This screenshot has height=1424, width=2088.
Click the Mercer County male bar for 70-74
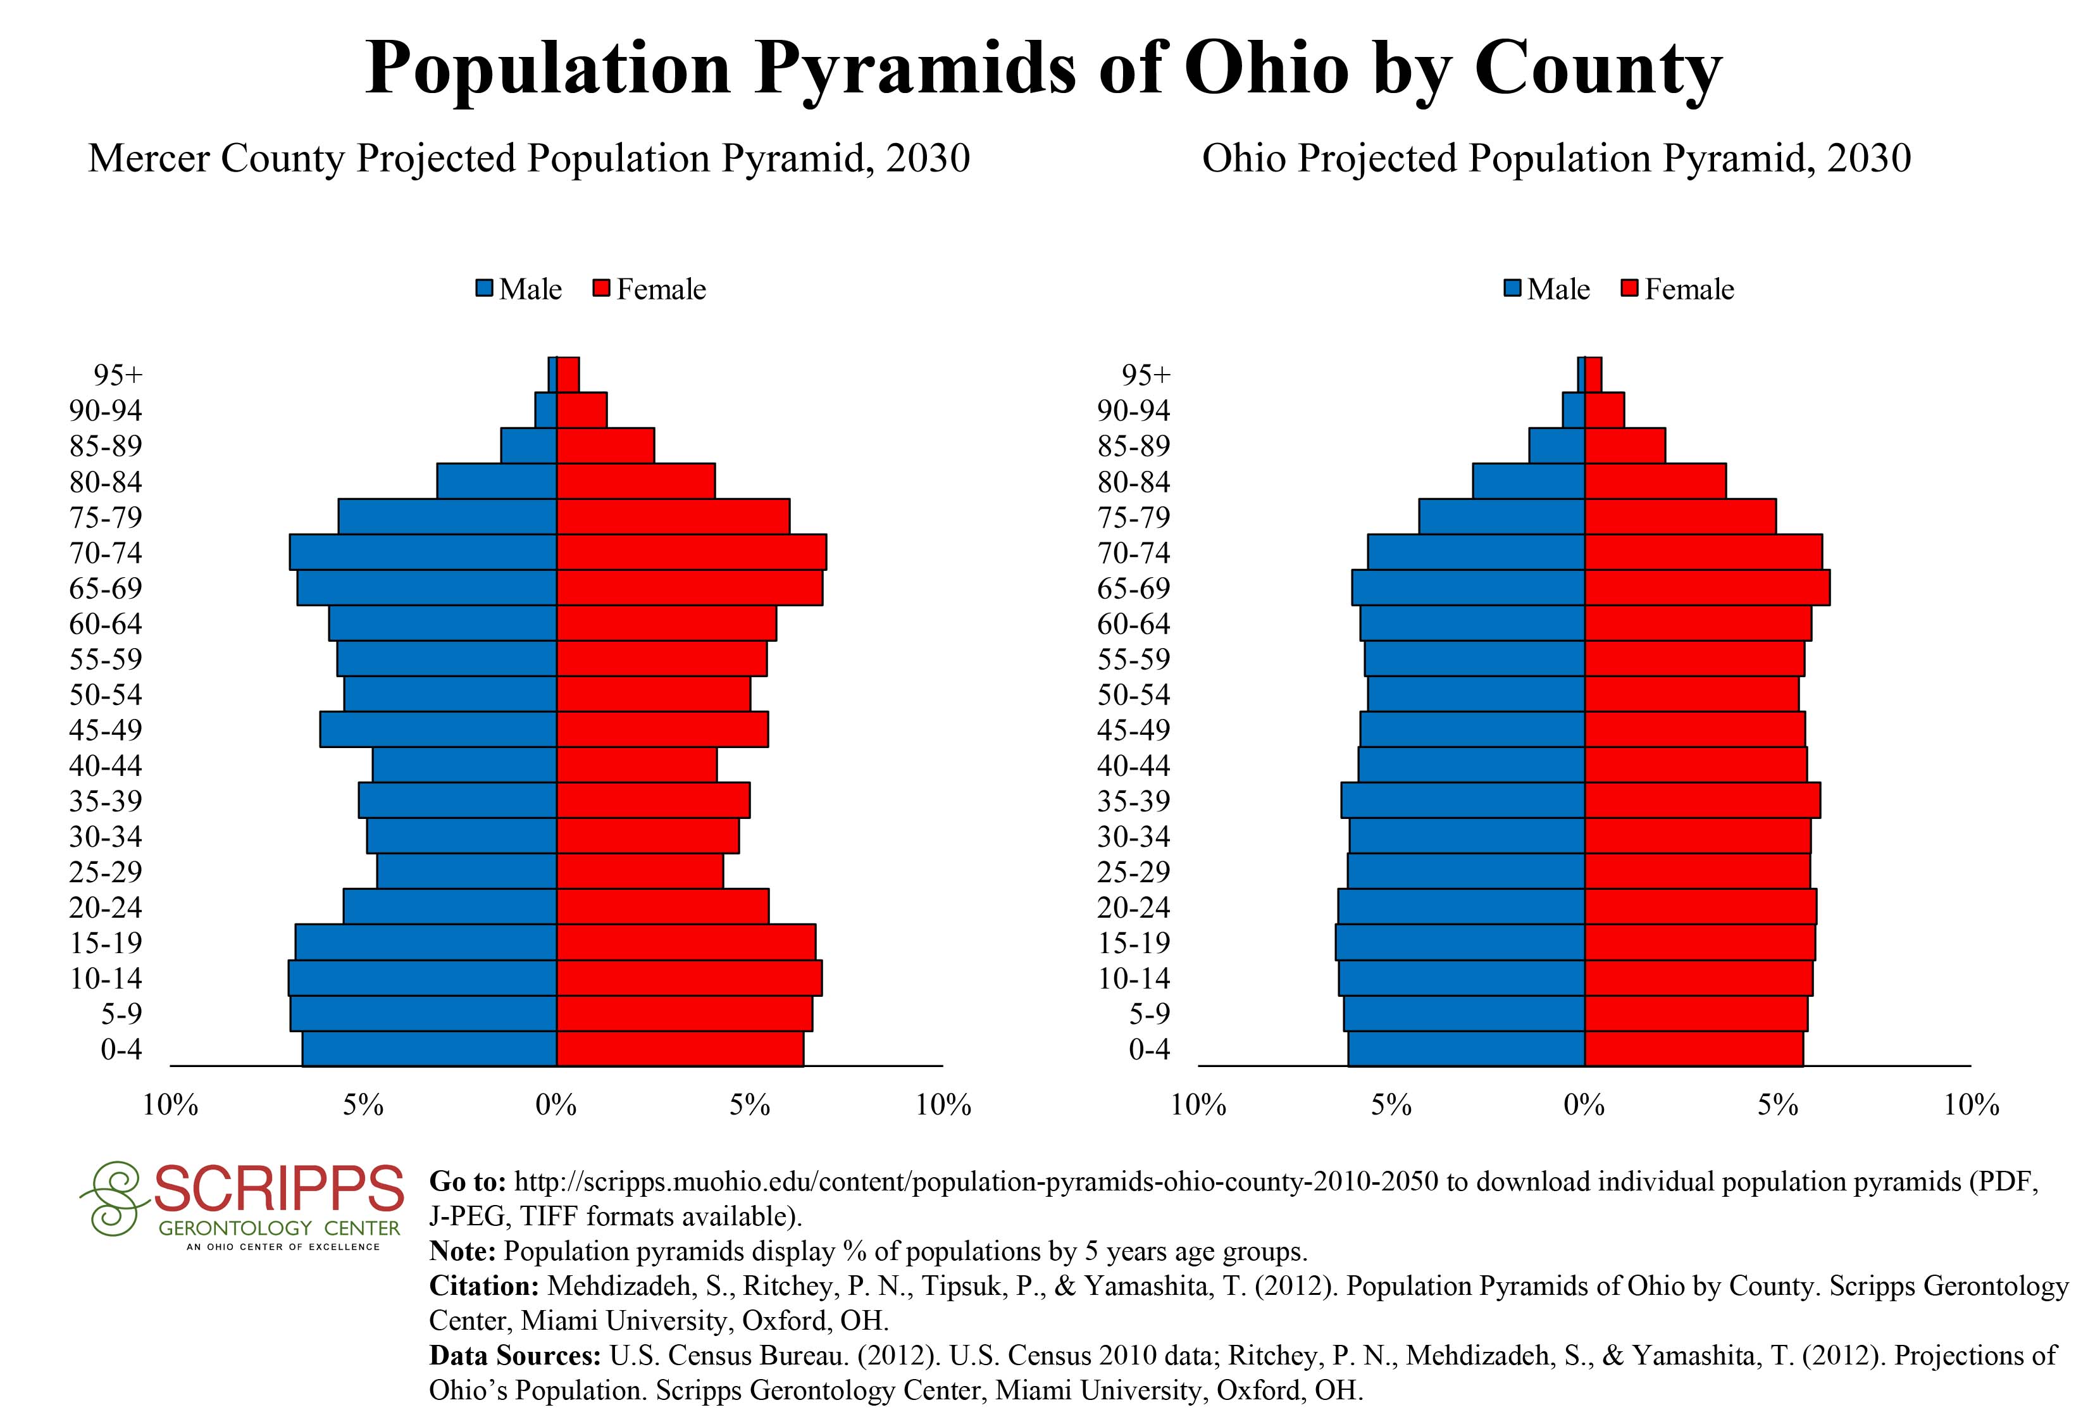pyautogui.click(x=422, y=552)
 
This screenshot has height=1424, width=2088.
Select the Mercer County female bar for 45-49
pyautogui.click(x=662, y=728)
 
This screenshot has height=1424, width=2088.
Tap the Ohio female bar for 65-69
pyautogui.click(x=1706, y=587)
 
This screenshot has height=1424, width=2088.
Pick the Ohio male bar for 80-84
pyautogui.click(x=1527, y=480)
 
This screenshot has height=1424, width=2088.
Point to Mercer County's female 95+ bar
pyautogui.click(x=568, y=374)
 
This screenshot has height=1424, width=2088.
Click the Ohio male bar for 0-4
pyautogui.click(x=1465, y=1049)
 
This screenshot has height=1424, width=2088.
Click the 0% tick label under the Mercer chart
pyautogui.click(x=556, y=1104)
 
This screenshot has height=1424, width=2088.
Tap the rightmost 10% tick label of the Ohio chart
pyautogui.click(x=1970, y=1104)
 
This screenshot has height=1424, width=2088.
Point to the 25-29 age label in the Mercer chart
pyautogui.click(x=105, y=871)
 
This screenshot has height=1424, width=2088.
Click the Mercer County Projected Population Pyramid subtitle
pyautogui.click(x=528, y=159)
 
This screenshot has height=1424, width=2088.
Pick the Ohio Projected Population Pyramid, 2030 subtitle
pyautogui.click(x=1556, y=159)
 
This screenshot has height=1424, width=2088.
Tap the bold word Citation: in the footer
pyautogui.click(x=484, y=1285)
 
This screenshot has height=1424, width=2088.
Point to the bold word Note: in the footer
pyautogui.click(x=463, y=1251)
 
